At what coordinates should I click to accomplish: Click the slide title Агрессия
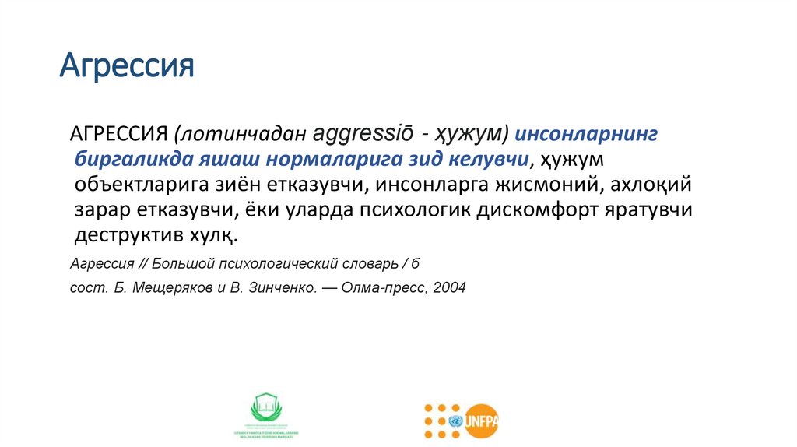(x=127, y=66)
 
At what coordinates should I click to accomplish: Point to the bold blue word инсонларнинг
(x=588, y=134)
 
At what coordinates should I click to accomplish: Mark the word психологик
(x=377, y=211)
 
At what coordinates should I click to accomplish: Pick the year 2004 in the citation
(x=450, y=287)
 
